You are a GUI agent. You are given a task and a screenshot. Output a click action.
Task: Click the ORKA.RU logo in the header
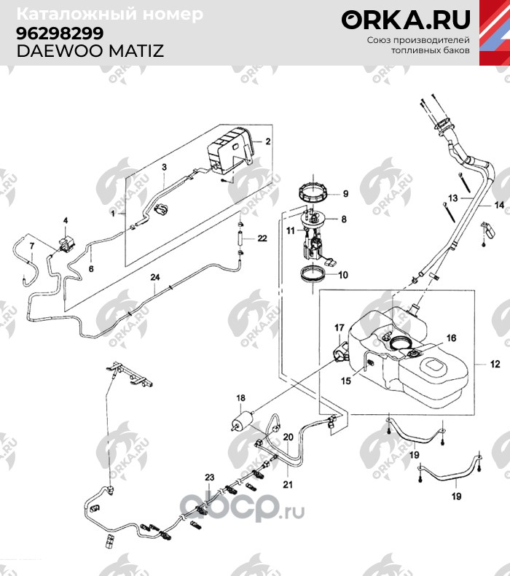pos(407,20)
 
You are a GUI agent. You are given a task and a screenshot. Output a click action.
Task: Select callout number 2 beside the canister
pos(267,141)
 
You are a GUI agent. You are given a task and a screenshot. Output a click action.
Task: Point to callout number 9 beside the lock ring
pos(345,194)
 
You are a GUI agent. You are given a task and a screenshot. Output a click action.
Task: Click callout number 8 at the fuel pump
pos(343,219)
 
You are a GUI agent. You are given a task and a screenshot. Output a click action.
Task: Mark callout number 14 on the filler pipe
pos(499,206)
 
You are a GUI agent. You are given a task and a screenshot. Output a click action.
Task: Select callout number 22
pos(262,238)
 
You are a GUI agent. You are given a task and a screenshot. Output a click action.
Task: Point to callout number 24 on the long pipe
pos(154,277)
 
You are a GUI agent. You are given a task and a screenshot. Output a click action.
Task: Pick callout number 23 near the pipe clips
pos(209,477)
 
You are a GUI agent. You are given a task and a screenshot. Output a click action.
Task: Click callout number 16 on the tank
pos(451,338)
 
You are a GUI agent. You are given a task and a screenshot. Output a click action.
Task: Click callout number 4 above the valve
pos(65,220)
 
